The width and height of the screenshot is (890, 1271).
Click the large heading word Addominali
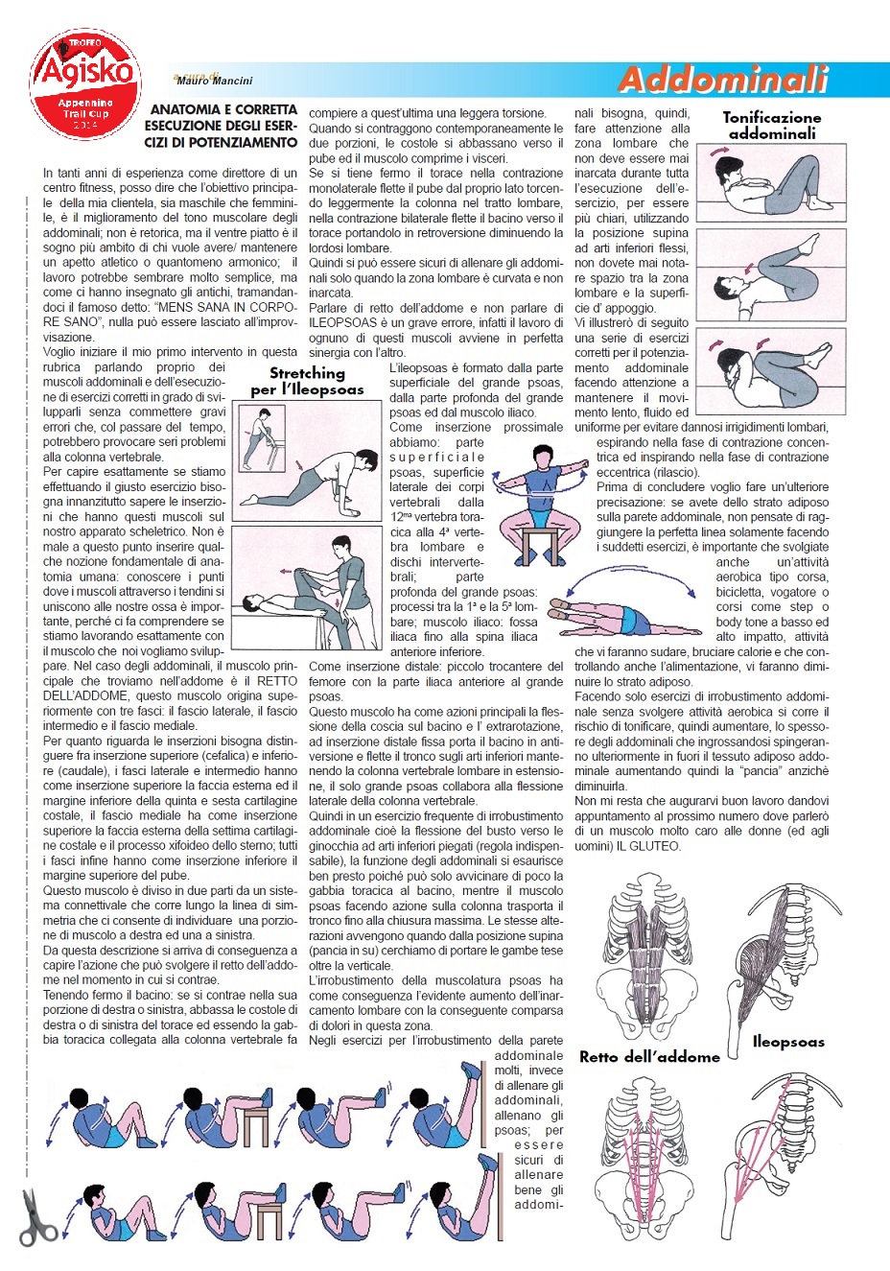pyautogui.click(x=723, y=80)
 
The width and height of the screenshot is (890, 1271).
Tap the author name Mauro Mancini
pyautogui.click(x=215, y=82)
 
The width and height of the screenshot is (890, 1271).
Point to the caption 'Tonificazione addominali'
pyautogui.click(x=772, y=126)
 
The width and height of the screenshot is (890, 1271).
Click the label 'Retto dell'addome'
pyautogui.click(x=649, y=1056)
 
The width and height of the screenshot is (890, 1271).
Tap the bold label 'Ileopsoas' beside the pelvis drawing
pyautogui.click(x=788, y=1042)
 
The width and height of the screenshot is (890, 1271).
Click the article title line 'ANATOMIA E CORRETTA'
pyautogui.click(x=223, y=110)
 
